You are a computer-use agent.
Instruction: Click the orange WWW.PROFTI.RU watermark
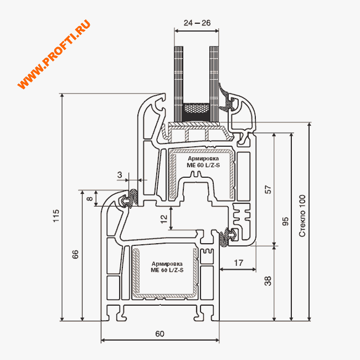[x=54, y=54]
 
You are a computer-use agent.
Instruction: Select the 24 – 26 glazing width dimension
[x=197, y=23]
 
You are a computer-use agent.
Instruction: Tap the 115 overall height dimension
[x=56, y=215]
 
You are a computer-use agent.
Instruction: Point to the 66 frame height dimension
[x=75, y=254]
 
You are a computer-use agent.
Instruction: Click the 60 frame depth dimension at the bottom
[x=160, y=333]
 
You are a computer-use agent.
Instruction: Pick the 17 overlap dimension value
[x=238, y=263]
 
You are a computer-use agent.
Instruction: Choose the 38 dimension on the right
[x=268, y=281]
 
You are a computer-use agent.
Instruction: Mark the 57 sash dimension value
[x=268, y=189]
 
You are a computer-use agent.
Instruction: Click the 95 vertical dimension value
[x=285, y=222]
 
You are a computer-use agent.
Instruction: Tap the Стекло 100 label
[x=302, y=216]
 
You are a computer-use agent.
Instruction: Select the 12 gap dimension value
[x=164, y=219]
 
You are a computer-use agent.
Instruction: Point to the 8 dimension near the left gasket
[x=90, y=198]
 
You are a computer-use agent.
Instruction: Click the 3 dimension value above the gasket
[x=120, y=175]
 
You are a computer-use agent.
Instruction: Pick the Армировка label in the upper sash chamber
[x=203, y=158]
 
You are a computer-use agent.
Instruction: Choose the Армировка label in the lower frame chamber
[x=167, y=264]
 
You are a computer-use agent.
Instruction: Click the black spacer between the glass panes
[x=197, y=112]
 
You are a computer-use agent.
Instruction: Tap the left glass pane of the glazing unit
[x=179, y=84]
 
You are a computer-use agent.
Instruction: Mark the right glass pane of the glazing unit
[x=214, y=84]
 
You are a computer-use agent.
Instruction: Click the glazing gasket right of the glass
[x=226, y=97]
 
